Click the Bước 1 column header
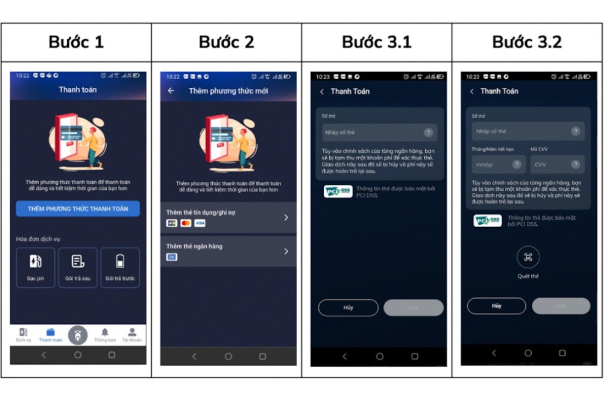pos(76,42)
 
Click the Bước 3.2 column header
pos(527,42)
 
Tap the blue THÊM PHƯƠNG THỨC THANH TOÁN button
pos(78,209)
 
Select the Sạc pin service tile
pos(35,267)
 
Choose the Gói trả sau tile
pos(78,267)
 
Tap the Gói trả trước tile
pos(120,267)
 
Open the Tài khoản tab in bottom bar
pos(132,335)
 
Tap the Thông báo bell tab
pos(105,335)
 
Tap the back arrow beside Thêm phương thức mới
pos(171,91)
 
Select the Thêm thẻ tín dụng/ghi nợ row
pos(228,218)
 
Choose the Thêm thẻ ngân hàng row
pos(228,251)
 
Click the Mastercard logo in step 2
pos(186,223)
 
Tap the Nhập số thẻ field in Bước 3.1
pos(374,132)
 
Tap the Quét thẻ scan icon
pos(528,257)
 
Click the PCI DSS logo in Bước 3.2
pos(487,221)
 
